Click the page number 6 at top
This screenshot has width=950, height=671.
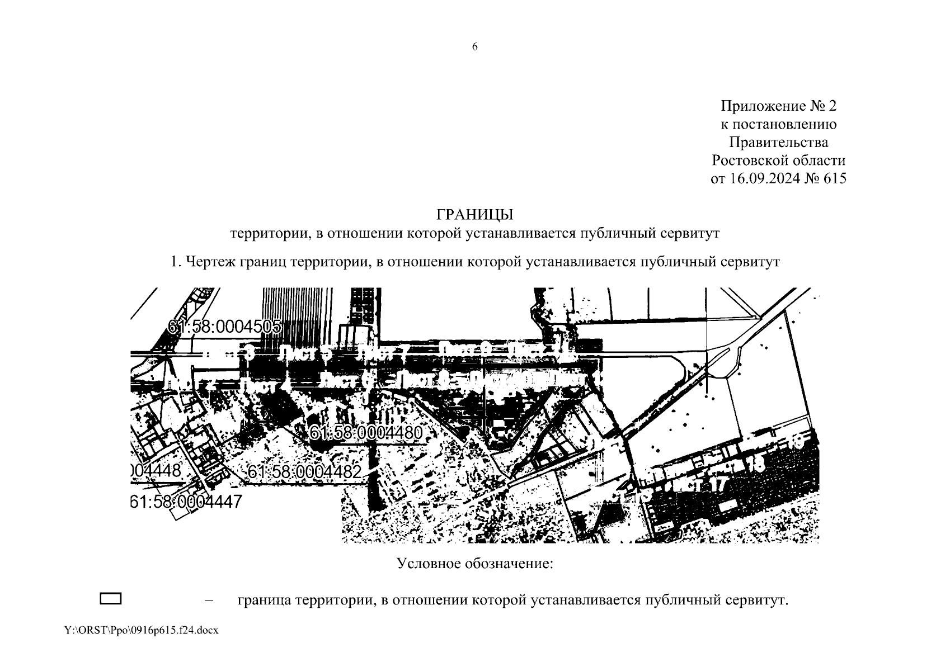click(475, 47)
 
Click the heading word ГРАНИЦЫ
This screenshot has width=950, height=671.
click(474, 215)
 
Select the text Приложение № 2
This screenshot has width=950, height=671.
click(778, 106)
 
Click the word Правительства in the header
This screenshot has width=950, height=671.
click(778, 143)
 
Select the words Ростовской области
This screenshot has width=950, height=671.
click(778, 161)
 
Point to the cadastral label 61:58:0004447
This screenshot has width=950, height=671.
click(186, 502)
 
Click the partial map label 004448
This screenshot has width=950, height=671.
click(156, 471)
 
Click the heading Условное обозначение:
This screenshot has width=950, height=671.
click(474, 563)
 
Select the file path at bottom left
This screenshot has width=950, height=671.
click(141, 630)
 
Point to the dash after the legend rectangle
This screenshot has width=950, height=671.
click(210, 601)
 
